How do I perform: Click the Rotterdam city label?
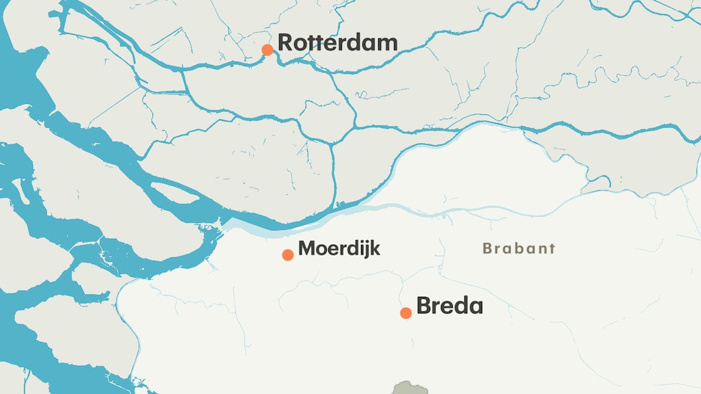click(x=337, y=42)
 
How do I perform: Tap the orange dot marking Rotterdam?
click(x=267, y=50)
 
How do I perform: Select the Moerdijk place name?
click(x=339, y=248)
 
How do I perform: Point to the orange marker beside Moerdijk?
click(x=288, y=255)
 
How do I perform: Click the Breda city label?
click(x=449, y=306)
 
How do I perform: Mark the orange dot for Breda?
click(x=406, y=313)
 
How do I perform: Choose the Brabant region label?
click(x=518, y=248)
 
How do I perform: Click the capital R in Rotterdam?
click(x=286, y=42)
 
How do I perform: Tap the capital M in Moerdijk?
click(x=307, y=248)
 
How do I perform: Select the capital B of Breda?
click(x=424, y=306)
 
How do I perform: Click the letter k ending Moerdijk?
click(x=375, y=248)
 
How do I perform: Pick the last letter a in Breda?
click(x=475, y=306)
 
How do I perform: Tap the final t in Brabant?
click(x=551, y=248)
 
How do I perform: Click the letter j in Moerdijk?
click(x=365, y=250)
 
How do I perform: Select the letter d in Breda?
click(x=461, y=306)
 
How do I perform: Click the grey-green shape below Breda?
click(x=410, y=389)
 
